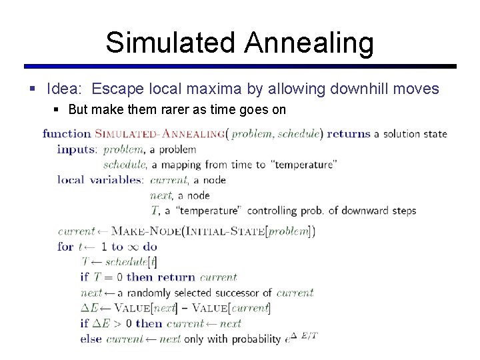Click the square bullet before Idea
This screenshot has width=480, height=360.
pyautogui.click(x=33, y=89)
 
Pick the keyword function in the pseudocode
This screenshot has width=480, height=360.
pyautogui.click(x=67, y=133)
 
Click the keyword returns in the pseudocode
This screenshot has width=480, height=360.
pyautogui.click(x=348, y=133)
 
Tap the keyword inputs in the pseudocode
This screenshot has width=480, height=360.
pyautogui.click(x=77, y=149)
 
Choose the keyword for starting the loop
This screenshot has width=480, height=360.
pyautogui.click(x=65, y=247)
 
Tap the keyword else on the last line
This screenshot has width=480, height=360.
pyautogui.click(x=91, y=339)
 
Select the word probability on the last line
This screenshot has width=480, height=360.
pyautogui.click(x=256, y=339)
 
